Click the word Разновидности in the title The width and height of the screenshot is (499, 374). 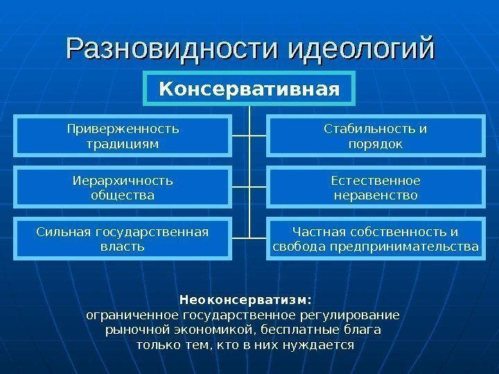(x=173, y=49)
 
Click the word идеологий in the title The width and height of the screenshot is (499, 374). (x=360, y=49)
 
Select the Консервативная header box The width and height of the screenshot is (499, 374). (x=249, y=89)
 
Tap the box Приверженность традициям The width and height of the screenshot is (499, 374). (x=123, y=136)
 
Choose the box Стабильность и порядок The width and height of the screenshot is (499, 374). (x=376, y=136)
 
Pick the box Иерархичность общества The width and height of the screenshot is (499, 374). (x=123, y=188)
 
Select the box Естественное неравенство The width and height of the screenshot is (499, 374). (x=376, y=188)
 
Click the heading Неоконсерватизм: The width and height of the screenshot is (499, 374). (x=246, y=301)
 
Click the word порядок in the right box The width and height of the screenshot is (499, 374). (x=376, y=144)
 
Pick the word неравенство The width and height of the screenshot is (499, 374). (x=376, y=196)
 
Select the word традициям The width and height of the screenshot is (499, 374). (x=123, y=144)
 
